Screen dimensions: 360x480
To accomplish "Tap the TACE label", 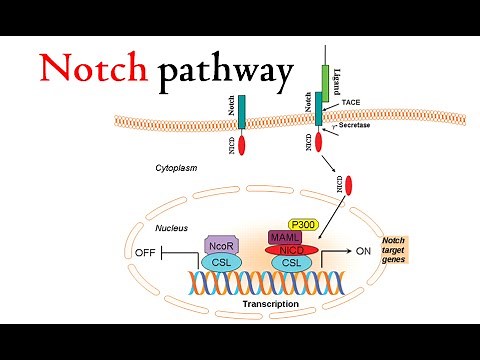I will tap(351, 103).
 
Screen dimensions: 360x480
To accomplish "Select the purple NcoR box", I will tap(220, 245).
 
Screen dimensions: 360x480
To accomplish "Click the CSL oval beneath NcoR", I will tap(220, 263).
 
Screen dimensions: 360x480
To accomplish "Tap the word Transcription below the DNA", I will tap(272, 302).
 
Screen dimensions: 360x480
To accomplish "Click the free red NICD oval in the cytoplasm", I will tap(349, 185).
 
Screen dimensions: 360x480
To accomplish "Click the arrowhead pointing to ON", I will tap(347, 252).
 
